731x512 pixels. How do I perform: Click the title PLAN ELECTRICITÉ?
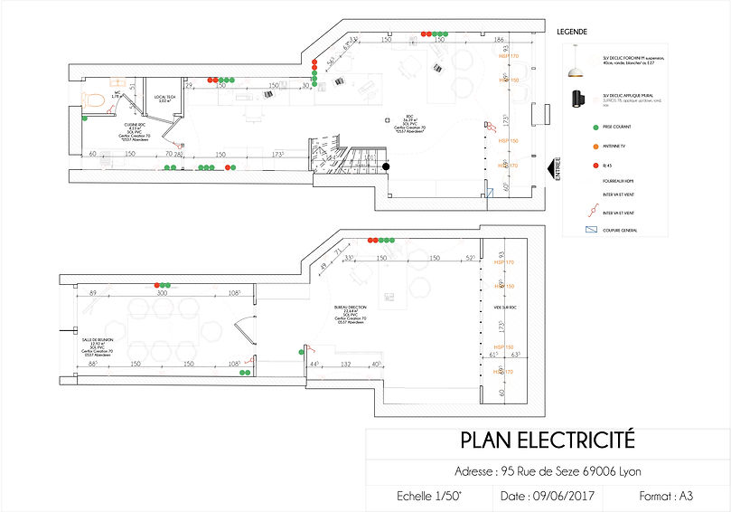pos(548,441)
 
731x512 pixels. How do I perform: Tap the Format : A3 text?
pos(666,497)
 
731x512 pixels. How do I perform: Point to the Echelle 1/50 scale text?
pos(429,497)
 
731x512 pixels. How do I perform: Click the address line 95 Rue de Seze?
pos(548,471)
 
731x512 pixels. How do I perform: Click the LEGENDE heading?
pos(572,31)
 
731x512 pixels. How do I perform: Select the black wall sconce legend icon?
pos(573,97)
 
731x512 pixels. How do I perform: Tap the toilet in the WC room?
pos(88,98)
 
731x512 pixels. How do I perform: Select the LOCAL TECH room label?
pos(164,97)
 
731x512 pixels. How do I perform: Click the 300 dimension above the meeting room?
pos(163,293)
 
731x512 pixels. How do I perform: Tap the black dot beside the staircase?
pos(385,166)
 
